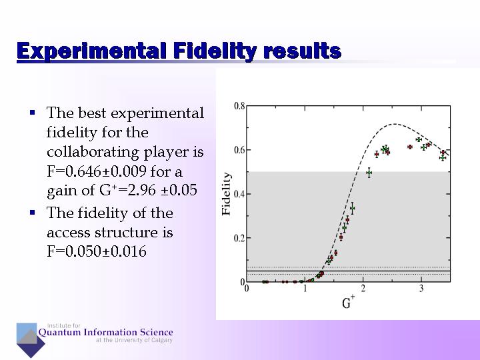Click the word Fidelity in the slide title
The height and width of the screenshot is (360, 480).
point(214,51)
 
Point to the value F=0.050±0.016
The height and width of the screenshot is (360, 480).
point(97,251)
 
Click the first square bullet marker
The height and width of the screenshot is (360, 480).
point(32,113)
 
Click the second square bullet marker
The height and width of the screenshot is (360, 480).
point(32,213)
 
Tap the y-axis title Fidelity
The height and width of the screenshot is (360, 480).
point(227,194)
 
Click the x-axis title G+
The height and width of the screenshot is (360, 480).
point(347,303)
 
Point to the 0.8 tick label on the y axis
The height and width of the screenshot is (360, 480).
point(239,106)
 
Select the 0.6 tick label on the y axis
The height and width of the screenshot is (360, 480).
point(239,150)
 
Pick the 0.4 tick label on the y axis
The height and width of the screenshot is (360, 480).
point(239,194)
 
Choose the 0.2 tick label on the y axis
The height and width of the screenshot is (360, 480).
point(239,238)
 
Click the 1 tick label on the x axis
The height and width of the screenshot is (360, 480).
point(305,288)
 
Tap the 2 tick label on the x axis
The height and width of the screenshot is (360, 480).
point(363,288)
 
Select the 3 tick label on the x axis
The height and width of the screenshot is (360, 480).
point(421,288)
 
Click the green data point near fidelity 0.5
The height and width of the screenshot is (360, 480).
point(369,173)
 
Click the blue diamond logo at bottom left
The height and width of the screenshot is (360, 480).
point(30,339)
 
